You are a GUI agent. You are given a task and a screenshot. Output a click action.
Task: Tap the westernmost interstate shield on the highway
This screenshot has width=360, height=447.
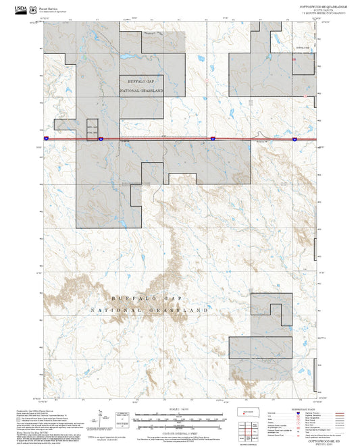click(99, 138)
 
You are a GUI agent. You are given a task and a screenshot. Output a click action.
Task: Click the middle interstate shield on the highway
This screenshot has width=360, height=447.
click(211, 138)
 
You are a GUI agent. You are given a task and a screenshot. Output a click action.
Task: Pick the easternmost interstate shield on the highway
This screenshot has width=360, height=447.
click(294, 138)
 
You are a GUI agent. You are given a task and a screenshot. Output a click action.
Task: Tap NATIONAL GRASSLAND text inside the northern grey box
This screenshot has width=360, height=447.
click(141, 90)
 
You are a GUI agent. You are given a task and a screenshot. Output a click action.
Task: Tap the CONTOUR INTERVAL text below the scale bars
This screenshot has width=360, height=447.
click(170, 431)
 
